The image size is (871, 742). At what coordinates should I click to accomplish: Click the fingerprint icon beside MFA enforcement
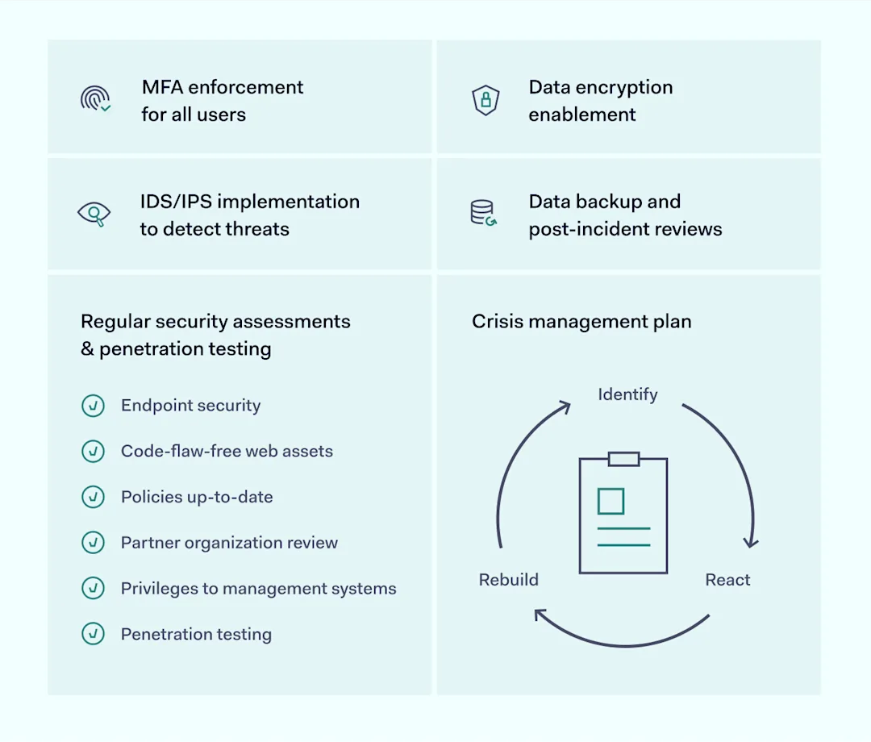95,99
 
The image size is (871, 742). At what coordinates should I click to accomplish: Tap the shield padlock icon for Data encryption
486,100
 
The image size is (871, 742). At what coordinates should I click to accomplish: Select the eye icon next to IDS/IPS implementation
94,214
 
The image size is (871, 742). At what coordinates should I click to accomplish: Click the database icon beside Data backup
483,213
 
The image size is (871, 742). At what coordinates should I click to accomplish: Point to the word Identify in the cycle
627,394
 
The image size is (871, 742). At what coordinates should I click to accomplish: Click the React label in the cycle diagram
727,580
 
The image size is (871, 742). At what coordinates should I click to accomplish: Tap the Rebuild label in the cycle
509,580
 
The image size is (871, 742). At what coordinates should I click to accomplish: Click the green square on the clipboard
611,501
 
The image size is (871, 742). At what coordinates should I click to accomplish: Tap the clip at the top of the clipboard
623,459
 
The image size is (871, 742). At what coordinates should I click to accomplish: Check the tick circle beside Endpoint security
94,406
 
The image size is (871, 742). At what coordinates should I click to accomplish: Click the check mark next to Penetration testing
94,634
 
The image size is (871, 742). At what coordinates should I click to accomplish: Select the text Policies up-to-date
197,497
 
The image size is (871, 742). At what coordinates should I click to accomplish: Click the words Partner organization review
229,543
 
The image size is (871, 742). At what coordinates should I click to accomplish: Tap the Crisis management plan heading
581,322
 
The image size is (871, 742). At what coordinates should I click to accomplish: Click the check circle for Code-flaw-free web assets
94,452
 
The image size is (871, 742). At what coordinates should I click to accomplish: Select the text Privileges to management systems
258,589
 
